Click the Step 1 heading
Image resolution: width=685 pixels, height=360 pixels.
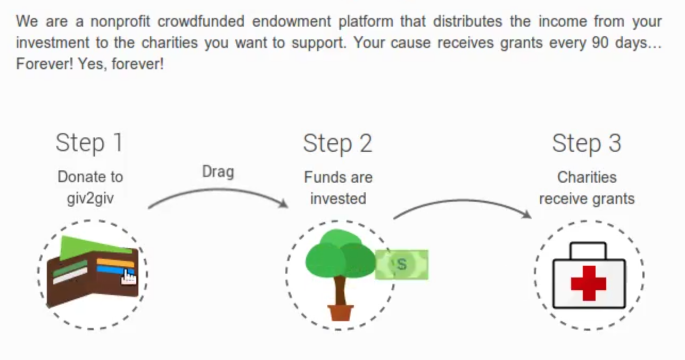tap(89, 143)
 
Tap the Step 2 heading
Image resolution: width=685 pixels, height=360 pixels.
tap(337, 143)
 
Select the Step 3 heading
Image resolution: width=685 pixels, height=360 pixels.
tap(587, 143)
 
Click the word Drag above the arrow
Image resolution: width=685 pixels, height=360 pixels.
tap(218, 171)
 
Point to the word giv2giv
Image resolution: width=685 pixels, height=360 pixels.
tap(90, 199)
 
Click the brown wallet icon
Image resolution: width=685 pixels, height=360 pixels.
tap(93, 271)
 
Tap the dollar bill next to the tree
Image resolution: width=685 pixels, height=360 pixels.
tap(402, 265)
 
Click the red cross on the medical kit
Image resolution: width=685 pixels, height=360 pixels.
tap(589, 283)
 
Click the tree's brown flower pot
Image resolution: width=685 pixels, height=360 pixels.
tap(340, 313)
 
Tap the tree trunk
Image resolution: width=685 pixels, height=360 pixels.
tap(340, 291)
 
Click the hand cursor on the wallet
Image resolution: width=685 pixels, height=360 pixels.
tap(129, 277)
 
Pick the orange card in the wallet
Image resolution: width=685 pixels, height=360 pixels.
tap(115, 263)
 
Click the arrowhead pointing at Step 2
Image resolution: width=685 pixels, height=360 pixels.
tap(284, 203)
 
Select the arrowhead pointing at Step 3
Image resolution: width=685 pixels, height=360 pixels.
tap(526, 214)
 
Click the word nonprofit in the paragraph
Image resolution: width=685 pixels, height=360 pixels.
tap(120, 21)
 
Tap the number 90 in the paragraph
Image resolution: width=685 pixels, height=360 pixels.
tap(600, 43)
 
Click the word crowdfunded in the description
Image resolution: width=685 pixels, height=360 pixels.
tap(201, 21)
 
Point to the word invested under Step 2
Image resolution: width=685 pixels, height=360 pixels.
tap(338, 199)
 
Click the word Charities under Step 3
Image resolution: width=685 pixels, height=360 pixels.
tap(587, 177)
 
